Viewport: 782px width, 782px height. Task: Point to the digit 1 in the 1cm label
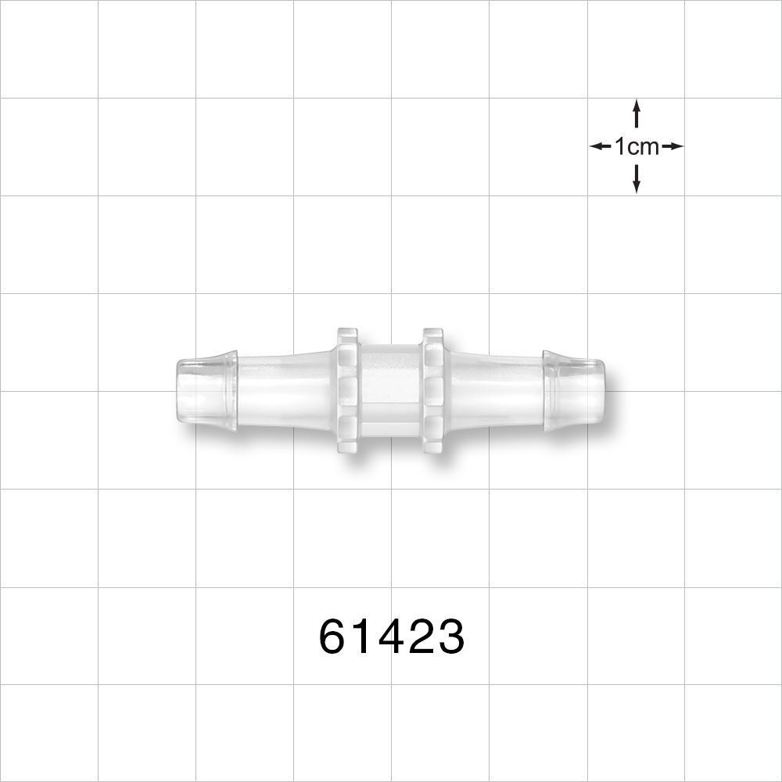pyautogui.click(x=620, y=146)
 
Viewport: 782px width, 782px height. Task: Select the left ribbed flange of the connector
pyautogui.click(x=347, y=389)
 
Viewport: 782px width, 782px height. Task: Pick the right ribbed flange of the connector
pyautogui.click(x=432, y=389)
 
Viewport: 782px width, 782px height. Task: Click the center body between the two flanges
pyautogui.click(x=390, y=389)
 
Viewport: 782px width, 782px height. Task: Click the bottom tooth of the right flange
pyautogui.click(x=432, y=444)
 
